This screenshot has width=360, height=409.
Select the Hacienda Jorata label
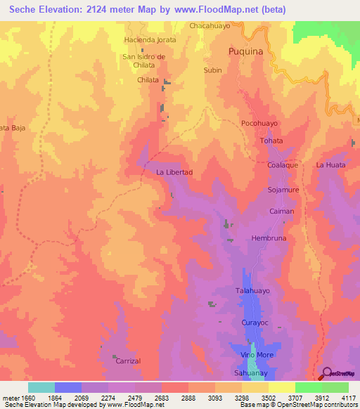(150, 40)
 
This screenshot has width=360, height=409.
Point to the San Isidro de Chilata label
(143, 60)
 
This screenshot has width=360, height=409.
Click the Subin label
(212, 70)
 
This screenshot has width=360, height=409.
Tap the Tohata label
(271, 141)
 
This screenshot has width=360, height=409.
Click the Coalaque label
(283, 164)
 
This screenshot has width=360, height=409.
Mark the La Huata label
(330, 164)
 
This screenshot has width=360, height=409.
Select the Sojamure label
(283, 190)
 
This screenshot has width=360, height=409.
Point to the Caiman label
(281, 211)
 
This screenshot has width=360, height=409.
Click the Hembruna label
(271, 238)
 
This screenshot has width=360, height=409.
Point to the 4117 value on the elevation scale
(348, 397)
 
